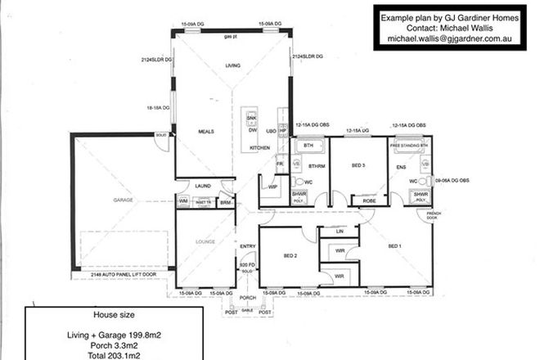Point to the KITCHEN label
pyautogui.click(x=259, y=147)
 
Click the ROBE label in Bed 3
pyautogui.click(x=368, y=200)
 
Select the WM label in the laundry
pyautogui.click(x=182, y=200)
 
